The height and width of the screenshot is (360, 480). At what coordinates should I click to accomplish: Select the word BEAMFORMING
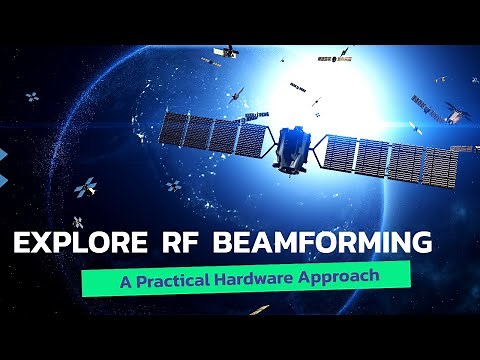[329, 243]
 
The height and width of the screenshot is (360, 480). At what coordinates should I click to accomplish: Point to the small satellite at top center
[229, 50]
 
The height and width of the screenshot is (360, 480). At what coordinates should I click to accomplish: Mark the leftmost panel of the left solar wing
[175, 129]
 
